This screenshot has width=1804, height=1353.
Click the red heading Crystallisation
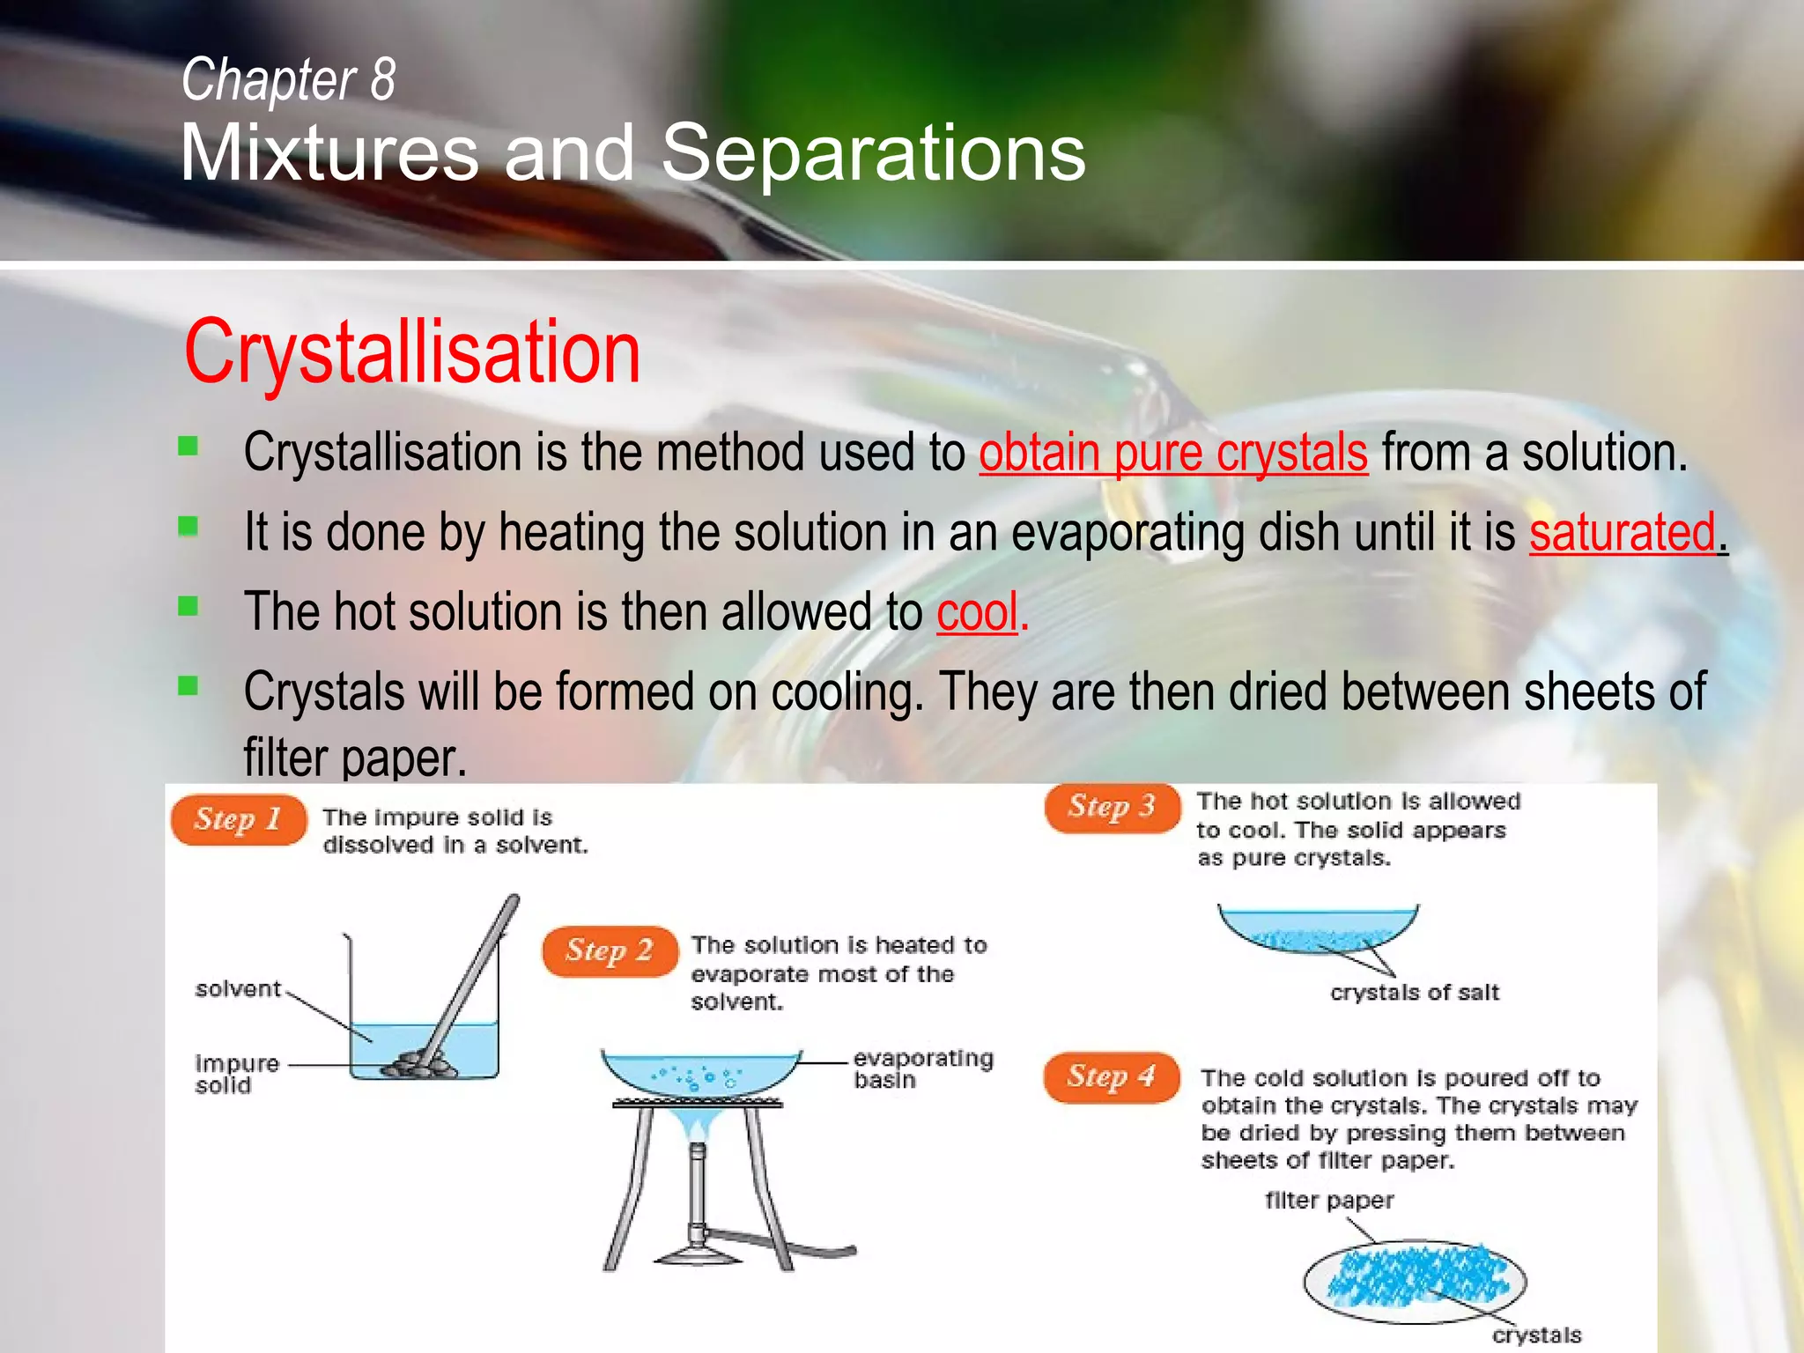411,352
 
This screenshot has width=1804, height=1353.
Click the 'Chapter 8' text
288,79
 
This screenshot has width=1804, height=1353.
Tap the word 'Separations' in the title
872,153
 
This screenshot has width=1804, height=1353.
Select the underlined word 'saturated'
1623,533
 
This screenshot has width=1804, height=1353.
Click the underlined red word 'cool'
977,612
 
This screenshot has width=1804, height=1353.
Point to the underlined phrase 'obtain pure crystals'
1172,454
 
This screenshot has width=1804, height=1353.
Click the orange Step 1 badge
238,820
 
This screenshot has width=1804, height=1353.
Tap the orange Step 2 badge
610,951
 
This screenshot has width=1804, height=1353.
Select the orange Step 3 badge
1112,807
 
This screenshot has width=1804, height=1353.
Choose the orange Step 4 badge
1111,1076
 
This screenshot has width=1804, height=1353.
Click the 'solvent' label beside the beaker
238,989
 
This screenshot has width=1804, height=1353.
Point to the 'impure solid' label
236,1074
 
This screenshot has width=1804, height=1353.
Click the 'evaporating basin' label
922,1068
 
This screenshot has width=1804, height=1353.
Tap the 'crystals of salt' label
1414,993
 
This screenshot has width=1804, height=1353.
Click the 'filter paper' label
1328,1201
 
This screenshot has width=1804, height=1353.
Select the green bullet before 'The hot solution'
188,606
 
